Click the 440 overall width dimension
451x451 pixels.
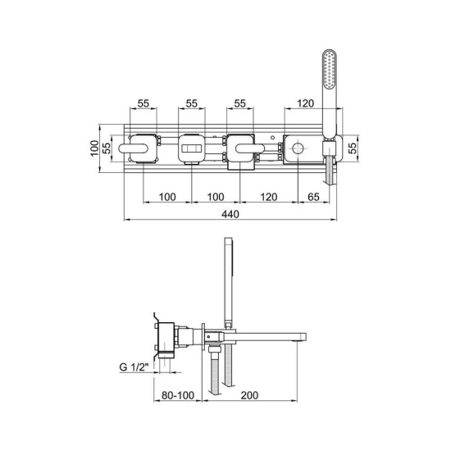[230, 214]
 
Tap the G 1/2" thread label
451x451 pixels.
[134, 367]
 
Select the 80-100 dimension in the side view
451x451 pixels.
[178, 395]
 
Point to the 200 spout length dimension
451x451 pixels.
[249, 395]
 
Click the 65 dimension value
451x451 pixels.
[313, 197]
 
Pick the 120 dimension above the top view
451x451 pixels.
[305, 103]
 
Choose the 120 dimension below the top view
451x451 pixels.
[269, 197]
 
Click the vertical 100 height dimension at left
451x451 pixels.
[94, 148]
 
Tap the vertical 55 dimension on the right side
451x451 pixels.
[353, 148]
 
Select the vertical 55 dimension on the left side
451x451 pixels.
[107, 148]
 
